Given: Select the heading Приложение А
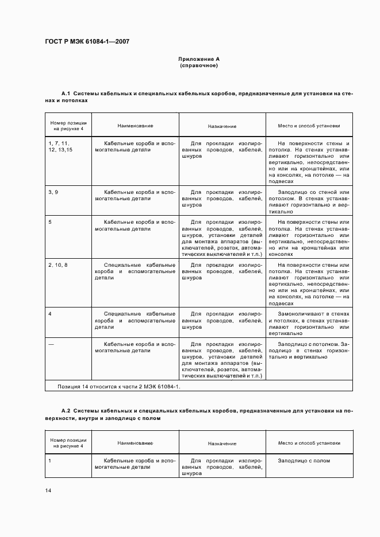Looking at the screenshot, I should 198,59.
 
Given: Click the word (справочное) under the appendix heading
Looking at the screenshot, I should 198,65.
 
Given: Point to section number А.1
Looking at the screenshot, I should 65,93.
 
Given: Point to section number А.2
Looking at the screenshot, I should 65,411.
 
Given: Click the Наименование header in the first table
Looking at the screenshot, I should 135,126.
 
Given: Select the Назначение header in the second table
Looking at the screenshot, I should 222,443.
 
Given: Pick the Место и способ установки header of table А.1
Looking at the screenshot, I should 309,126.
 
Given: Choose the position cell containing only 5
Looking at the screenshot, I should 50,221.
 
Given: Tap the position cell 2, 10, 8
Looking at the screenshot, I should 58,265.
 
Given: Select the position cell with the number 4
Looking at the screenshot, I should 50,314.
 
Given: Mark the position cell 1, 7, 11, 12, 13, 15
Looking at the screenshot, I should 60,146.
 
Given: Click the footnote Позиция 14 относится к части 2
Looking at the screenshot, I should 118,387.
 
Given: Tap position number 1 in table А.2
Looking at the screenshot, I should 50,461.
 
